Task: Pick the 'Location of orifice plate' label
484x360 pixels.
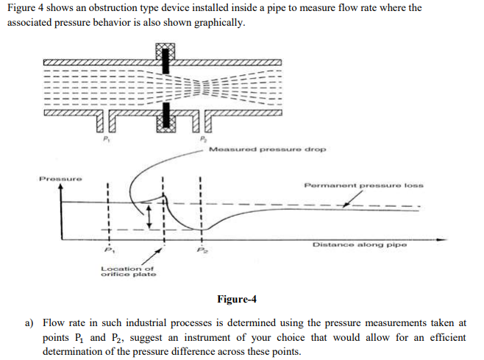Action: (x=127, y=272)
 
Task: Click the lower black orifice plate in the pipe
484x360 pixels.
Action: (x=166, y=115)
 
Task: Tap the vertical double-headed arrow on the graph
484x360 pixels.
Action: (x=149, y=216)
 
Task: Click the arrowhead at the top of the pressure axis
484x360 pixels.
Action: (x=61, y=188)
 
